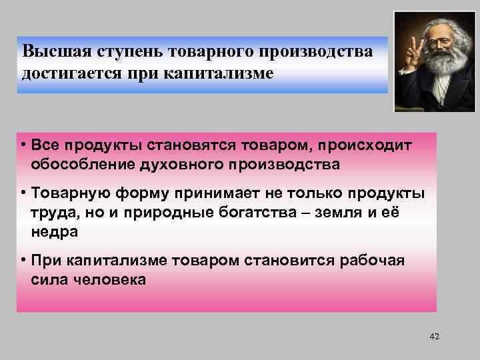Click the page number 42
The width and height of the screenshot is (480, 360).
pyautogui.click(x=435, y=336)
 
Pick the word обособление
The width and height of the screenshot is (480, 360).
pyautogui.click(x=79, y=163)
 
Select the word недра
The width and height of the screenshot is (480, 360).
pyautogui.click(x=54, y=231)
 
